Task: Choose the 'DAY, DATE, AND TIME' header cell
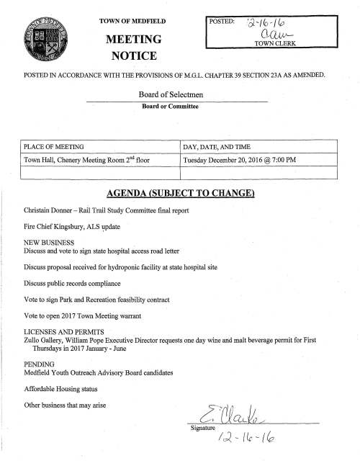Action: pos(217,147)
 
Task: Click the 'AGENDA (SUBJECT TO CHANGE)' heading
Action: pos(180,194)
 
